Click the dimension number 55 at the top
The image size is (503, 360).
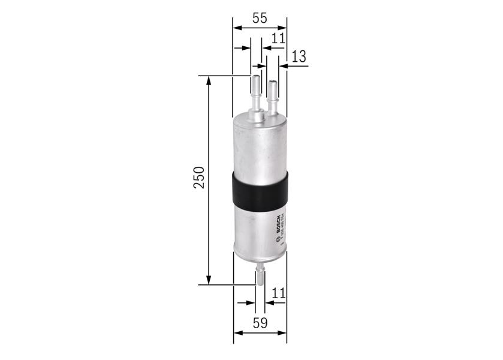point(259,18)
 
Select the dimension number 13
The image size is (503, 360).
point(299,56)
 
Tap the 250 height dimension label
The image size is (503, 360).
point(198,178)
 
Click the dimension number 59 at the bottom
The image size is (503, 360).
point(260,323)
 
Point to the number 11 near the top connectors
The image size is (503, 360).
point(278,38)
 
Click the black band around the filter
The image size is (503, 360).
point(259,190)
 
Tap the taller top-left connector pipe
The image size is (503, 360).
point(256,96)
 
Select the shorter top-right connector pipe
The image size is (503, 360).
point(272,96)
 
